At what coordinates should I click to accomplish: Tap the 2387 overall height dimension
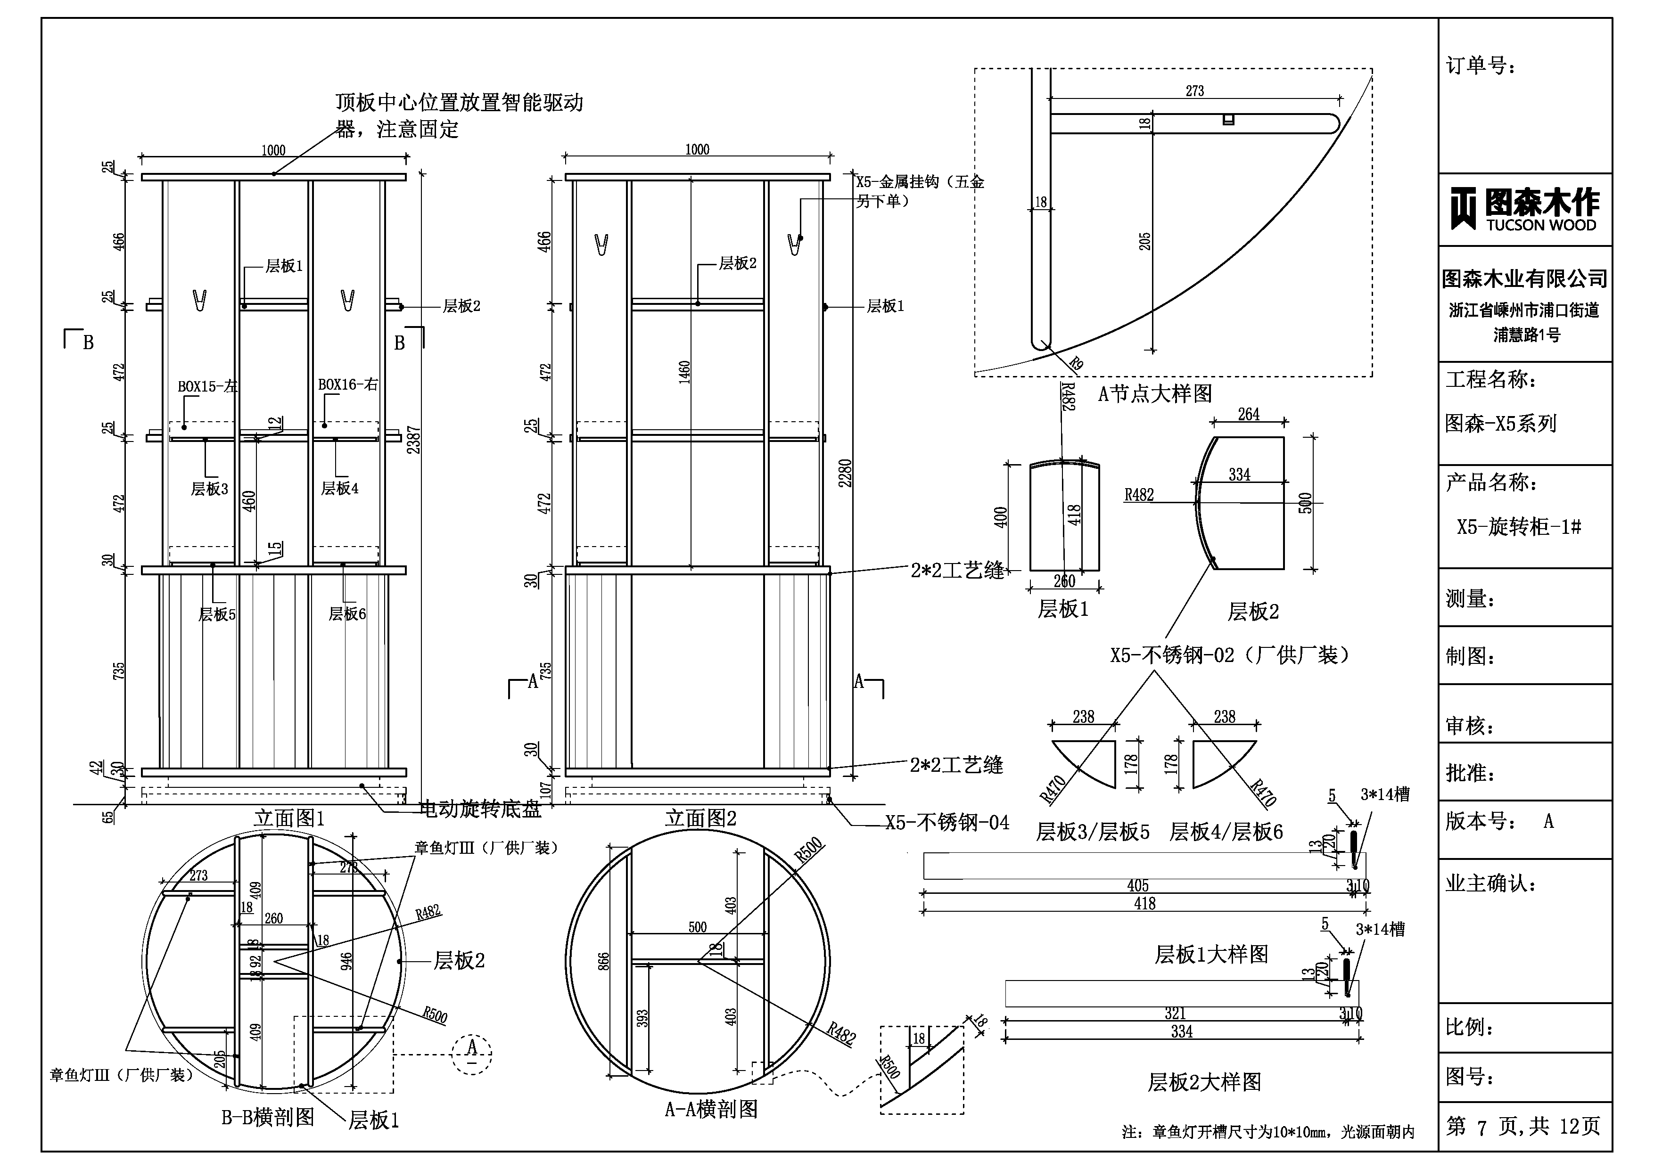pyautogui.click(x=413, y=439)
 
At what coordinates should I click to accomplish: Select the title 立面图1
pyautogui.click(x=289, y=817)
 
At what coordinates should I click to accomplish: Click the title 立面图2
pyautogui.click(x=700, y=817)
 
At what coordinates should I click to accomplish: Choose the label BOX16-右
pyautogui.click(x=348, y=384)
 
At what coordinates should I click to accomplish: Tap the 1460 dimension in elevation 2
pyautogui.click(x=684, y=372)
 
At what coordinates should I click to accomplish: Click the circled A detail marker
pyautogui.click(x=472, y=1054)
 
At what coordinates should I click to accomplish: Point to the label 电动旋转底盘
pyautogui.click(x=480, y=809)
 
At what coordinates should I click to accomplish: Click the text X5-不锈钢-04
pyautogui.click(x=946, y=823)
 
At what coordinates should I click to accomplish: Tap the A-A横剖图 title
pyautogui.click(x=711, y=1109)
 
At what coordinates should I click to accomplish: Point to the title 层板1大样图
pyautogui.click(x=1211, y=954)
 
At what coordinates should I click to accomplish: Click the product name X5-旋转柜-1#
pyautogui.click(x=1519, y=526)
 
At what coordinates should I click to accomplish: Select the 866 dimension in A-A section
pyautogui.click(x=604, y=962)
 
